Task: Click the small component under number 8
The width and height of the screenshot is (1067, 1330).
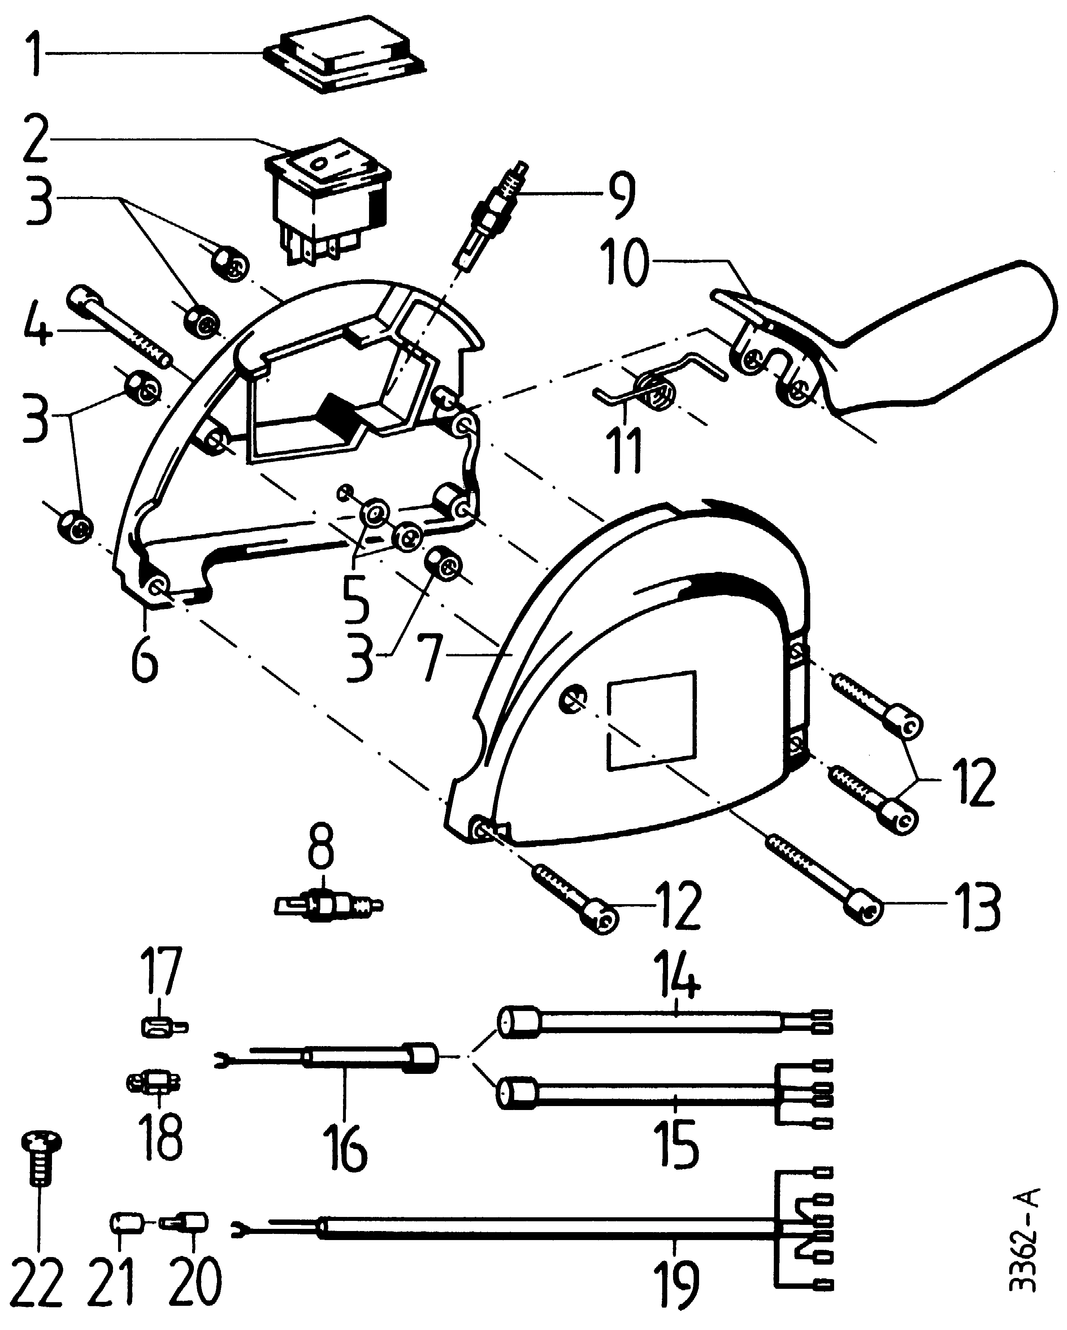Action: (x=327, y=906)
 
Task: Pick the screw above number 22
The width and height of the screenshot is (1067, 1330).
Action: (x=42, y=1160)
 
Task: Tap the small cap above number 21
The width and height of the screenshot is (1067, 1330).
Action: (x=126, y=1223)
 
